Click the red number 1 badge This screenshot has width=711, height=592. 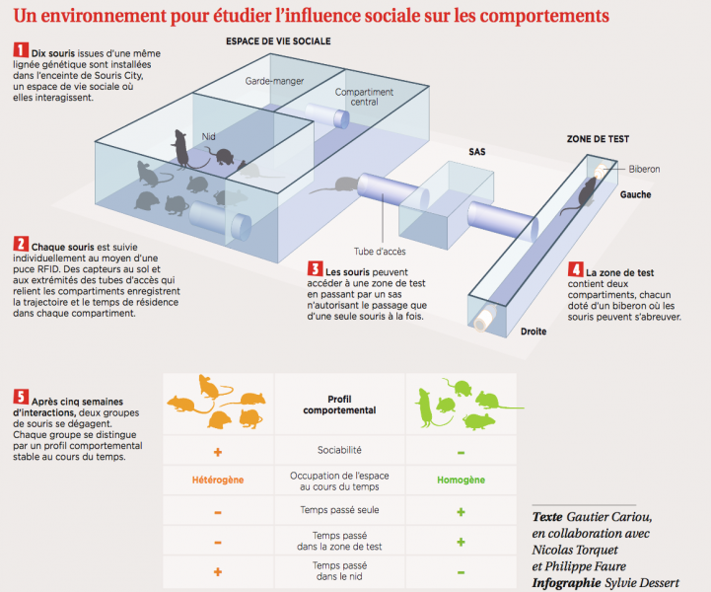point(22,49)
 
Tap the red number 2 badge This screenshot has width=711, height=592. point(22,244)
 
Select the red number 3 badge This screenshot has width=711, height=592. point(315,268)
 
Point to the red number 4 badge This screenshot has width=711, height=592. point(576,269)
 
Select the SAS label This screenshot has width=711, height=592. point(477,152)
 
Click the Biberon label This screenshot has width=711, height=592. point(645,169)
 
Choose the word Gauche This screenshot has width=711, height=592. point(635,194)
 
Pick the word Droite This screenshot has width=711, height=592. point(534,333)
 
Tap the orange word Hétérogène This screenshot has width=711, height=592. point(217,481)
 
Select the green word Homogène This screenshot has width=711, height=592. point(461,481)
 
